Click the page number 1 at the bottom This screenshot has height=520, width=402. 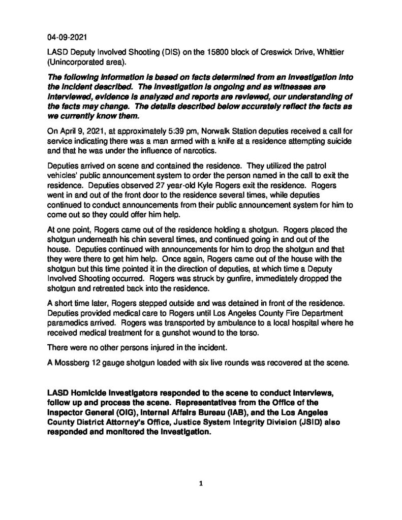pyautogui.click(x=201, y=484)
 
